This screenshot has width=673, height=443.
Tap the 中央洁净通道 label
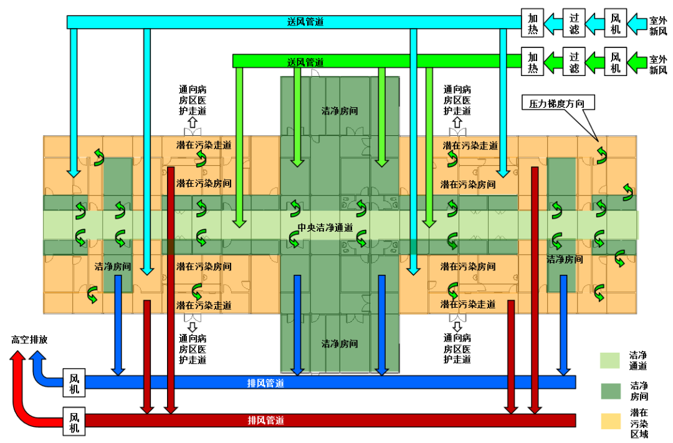(x=325, y=227)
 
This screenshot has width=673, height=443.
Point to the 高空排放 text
(x=29, y=340)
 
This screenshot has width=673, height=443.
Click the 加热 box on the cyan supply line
(x=532, y=23)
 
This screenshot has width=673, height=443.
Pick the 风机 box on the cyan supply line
(x=616, y=23)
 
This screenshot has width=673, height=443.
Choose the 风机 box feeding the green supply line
(x=616, y=62)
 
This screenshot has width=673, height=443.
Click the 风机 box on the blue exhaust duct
(x=74, y=383)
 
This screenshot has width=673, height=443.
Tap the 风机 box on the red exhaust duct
(x=74, y=421)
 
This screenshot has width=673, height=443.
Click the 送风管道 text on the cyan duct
(x=305, y=22)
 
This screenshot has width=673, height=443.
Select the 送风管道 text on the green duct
(x=305, y=62)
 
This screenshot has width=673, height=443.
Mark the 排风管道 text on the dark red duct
(x=266, y=421)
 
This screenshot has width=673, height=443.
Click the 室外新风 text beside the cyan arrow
(x=658, y=24)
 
